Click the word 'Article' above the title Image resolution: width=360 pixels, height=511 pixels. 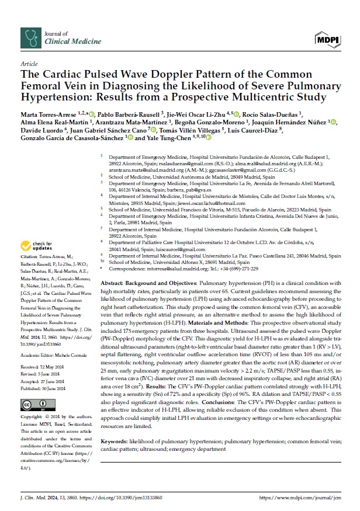pyautogui.click(x=29, y=63)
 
